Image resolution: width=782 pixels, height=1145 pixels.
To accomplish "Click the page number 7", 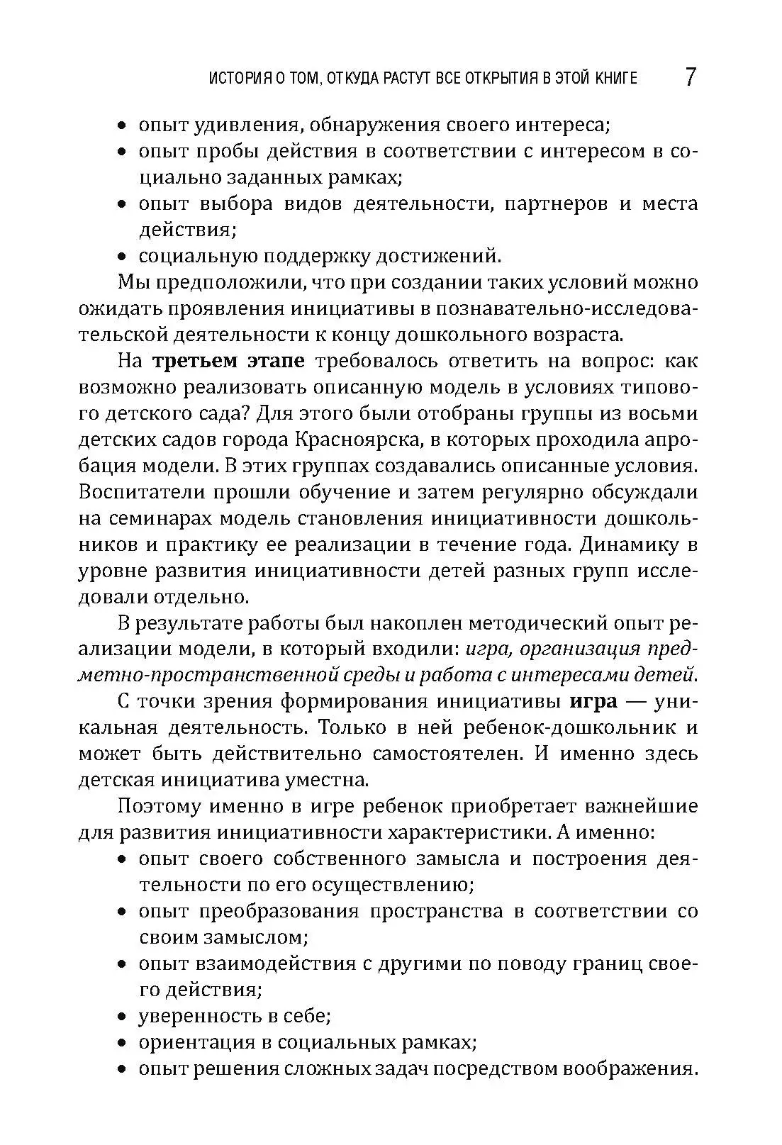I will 691,77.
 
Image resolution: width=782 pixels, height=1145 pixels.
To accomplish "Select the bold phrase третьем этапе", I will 228,361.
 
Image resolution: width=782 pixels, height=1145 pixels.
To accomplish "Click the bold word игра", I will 593,701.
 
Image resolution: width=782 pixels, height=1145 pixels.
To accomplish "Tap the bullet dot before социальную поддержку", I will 122,256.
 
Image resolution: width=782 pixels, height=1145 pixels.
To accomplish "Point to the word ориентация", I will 195,1043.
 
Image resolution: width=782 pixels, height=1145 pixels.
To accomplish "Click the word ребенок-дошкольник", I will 563,727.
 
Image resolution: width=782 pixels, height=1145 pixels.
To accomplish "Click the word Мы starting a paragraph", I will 132,282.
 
